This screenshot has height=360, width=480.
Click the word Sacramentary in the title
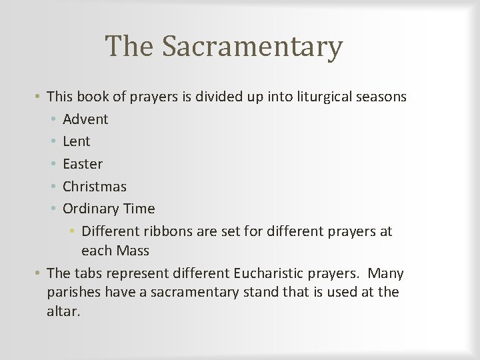pyautogui.click(x=252, y=47)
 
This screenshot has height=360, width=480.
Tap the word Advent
pyautogui.click(x=85, y=119)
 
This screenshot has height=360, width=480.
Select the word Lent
pyautogui.click(x=76, y=141)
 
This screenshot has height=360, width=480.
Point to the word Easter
pyautogui.click(x=83, y=164)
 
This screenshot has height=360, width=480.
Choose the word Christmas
pyautogui.click(x=95, y=187)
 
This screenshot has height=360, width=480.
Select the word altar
pyautogui.click(x=63, y=311)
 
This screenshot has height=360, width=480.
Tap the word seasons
pyautogui.click(x=382, y=97)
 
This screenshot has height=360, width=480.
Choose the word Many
pyautogui.click(x=386, y=273)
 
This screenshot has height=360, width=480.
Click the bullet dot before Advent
pyautogui.click(x=53, y=119)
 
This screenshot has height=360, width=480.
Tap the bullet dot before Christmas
pyautogui.click(x=53, y=187)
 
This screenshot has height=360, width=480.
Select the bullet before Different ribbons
pyautogui.click(x=72, y=231)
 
